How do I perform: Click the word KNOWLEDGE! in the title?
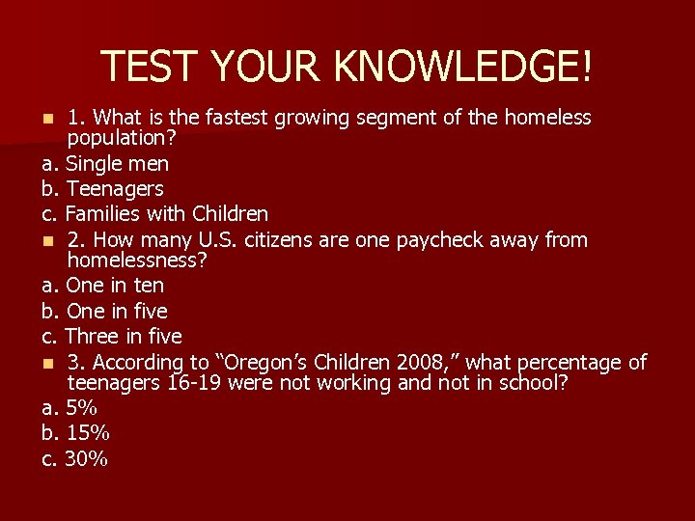point(464,66)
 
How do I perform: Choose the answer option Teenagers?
point(114,188)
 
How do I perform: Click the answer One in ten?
point(114,286)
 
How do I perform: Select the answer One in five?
point(116,311)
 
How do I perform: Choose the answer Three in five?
point(123,336)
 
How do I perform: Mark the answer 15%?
point(86,433)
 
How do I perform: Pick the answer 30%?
point(86,458)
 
